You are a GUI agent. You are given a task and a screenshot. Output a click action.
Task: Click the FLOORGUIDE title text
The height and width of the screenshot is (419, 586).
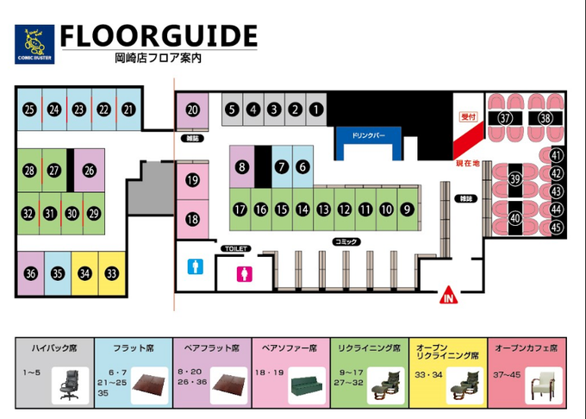159,36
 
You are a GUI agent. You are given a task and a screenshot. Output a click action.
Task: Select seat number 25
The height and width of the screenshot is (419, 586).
29,109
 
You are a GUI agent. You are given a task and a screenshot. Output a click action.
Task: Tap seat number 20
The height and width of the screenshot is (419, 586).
193,109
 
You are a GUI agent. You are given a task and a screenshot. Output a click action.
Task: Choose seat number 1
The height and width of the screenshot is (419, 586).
315,109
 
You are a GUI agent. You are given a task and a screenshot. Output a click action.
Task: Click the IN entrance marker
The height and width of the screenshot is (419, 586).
447,297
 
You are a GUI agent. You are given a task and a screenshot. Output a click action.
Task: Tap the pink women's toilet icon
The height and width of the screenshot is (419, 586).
244,273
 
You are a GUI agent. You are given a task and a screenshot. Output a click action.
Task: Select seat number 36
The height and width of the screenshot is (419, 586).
31,274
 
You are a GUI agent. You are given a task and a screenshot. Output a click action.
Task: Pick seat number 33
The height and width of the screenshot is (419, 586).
111,274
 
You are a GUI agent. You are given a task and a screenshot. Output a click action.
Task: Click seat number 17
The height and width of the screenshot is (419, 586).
240,209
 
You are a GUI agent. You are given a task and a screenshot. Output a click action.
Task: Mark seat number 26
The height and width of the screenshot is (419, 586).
89,170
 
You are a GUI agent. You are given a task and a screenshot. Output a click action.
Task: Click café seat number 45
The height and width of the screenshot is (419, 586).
556,228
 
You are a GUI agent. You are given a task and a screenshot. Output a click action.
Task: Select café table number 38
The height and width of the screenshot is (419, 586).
545,118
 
